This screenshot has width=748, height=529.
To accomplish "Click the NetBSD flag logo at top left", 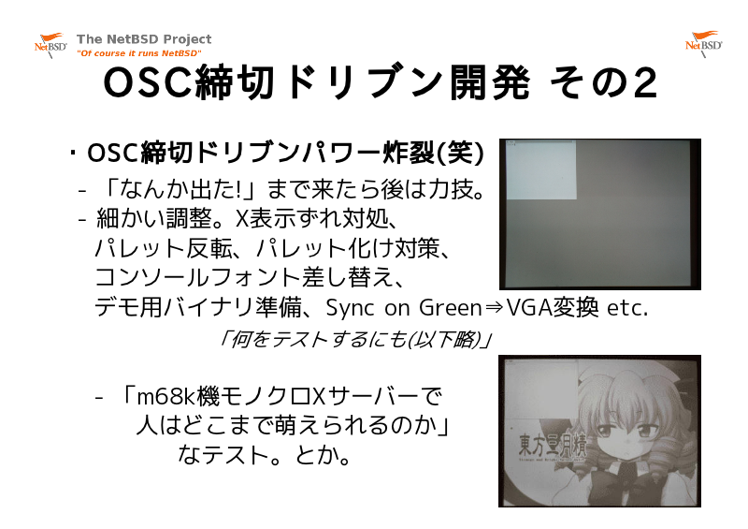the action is tap(50, 44).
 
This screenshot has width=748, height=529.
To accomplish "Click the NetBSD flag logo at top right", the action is tap(703, 43).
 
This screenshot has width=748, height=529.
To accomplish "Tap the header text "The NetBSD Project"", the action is tap(144, 39).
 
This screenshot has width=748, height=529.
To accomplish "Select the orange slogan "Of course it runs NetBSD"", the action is tap(138, 53).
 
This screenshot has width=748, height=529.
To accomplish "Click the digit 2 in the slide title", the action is tap(644, 83).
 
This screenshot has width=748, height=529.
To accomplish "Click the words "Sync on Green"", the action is tap(404, 307).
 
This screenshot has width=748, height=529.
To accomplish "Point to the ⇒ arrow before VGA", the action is tap(494, 307).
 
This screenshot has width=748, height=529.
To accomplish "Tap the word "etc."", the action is tap(627, 308).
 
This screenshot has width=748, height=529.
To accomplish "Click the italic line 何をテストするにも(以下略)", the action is tap(354, 339).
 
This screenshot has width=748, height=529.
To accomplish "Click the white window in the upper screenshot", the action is tap(540, 170).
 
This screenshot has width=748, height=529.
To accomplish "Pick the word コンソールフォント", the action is tap(197, 278).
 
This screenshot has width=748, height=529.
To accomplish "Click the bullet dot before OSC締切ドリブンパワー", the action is tap(73, 153).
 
